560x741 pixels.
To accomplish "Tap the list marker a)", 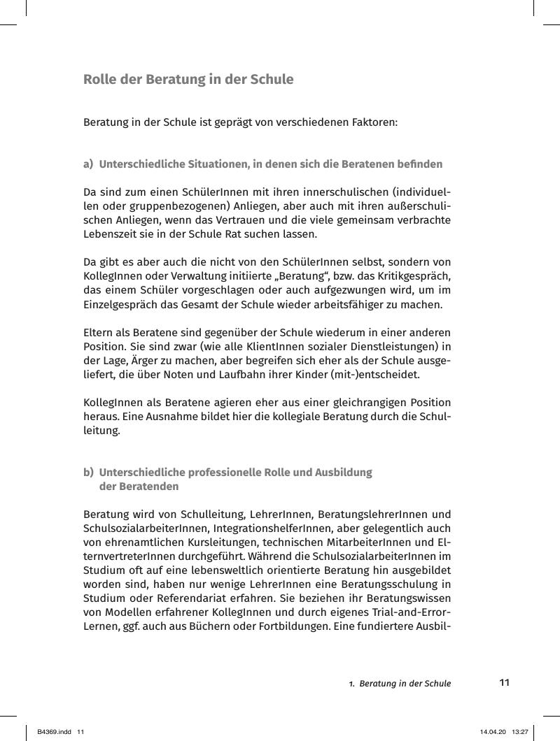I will point(88,164).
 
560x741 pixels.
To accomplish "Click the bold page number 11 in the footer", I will point(504,682).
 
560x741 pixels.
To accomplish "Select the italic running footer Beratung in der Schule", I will point(405,683).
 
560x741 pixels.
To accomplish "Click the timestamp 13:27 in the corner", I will point(520,731).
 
